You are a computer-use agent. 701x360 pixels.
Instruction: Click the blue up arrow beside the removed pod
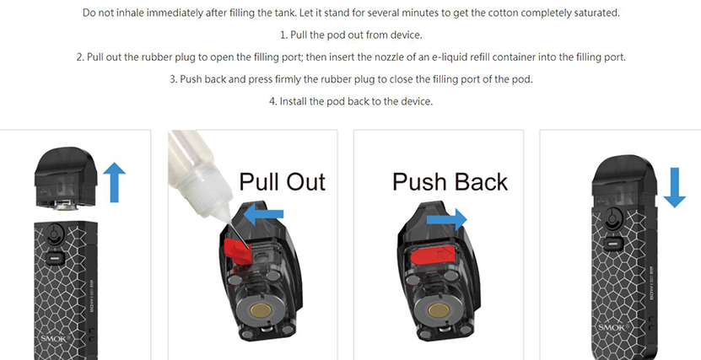click(114, 182)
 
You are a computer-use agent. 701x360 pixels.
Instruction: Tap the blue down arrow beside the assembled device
click(674, 188)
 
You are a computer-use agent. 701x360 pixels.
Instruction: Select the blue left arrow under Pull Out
click(263, 214)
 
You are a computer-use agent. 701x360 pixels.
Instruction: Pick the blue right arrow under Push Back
click(446, 219)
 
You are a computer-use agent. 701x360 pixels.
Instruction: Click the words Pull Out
click(282, 182)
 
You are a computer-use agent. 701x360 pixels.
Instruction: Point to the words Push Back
click(450, 182)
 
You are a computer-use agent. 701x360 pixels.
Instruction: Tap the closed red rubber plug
click(432, 256)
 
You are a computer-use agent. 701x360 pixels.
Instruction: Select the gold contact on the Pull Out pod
click(259, 310)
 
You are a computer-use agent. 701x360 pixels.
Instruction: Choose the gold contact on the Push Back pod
click(439, 310)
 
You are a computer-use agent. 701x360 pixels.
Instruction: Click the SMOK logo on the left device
click(54, 339)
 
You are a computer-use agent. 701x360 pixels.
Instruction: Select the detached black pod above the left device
click(66, 179)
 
